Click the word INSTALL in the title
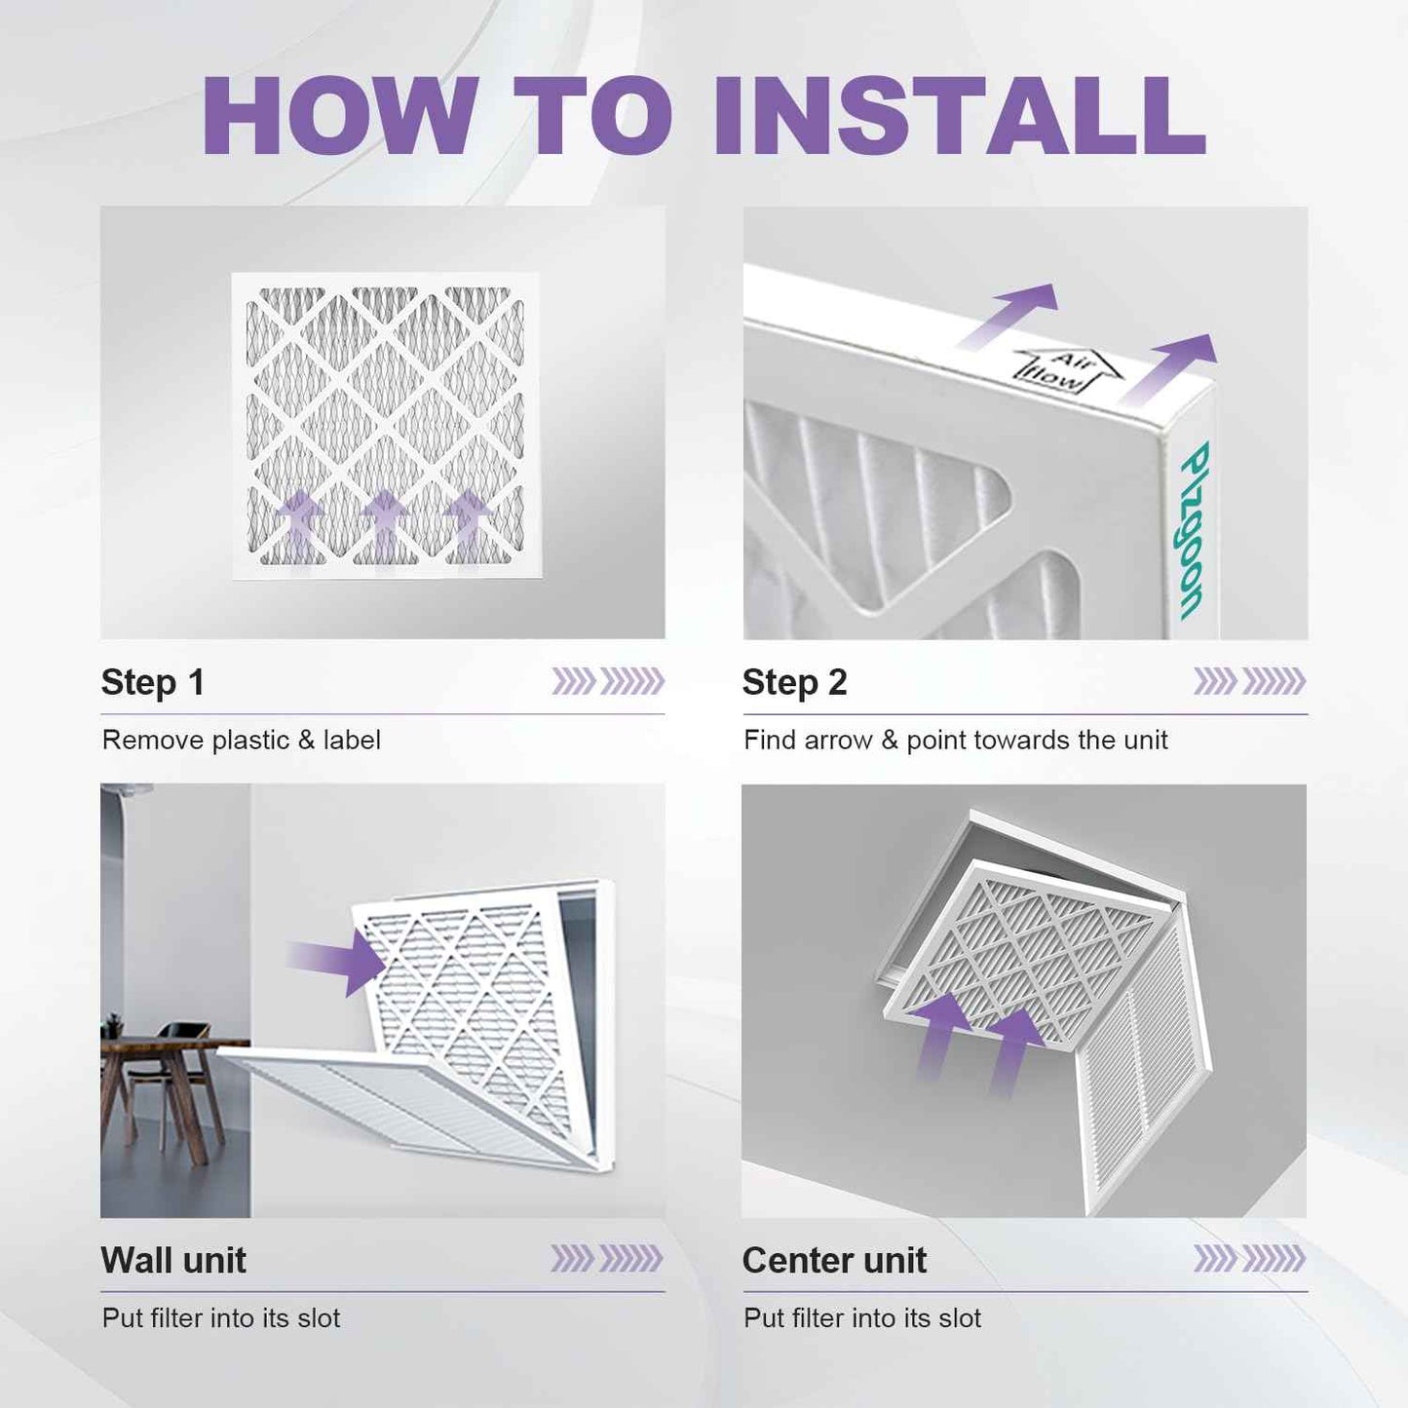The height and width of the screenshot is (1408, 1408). pyautogui.click(x=959, y=115)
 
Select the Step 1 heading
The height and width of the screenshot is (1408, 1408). pyautogui.click(x=153, y=682)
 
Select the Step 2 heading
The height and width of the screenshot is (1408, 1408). pyautogui.click(x=795, y=682)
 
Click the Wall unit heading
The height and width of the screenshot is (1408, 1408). pyautogui.click(x=173, y=1260)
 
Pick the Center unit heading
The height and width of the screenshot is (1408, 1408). pyautogui.click(x=834, y=1260)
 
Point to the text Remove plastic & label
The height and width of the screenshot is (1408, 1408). pyautogui.click(x=241, y=741)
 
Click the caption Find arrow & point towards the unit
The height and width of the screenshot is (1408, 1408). pyautogui.click(x=956, y=741)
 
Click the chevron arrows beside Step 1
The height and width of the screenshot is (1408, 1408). pyautogui.click(x=608, y=681)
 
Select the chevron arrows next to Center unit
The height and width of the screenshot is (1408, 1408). pyautogui.click(x=1249, y=1258)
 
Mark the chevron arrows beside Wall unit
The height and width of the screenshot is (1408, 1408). pyautogui.click(x=608, y=1258)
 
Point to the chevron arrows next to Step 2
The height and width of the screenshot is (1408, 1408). pyautogui.click(x=1249, y=681)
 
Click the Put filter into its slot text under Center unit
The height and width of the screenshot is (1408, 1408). pyautogui.click(x=862, y=1318)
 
